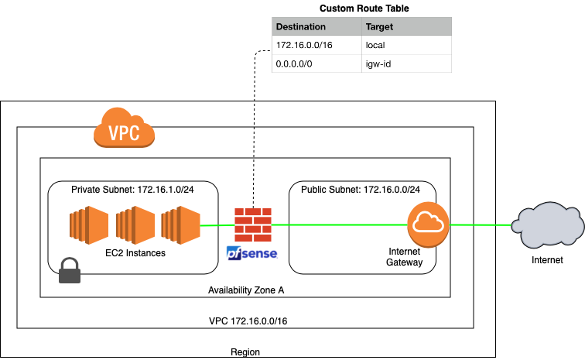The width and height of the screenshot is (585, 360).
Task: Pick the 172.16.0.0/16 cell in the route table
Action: point(303,46)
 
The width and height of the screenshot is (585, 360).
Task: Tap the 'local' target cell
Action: point(375,46)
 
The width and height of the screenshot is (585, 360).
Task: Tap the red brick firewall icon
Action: point(251,225)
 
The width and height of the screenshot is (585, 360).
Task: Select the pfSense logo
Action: point(251,252)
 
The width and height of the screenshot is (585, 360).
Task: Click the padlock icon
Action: point(70,270)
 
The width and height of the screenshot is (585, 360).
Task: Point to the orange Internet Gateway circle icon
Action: point(428,225)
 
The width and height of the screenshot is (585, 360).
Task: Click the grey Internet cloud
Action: point(547,225)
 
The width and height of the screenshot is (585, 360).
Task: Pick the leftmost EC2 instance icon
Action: point(84,225)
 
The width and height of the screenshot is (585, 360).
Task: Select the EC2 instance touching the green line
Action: point(180,225)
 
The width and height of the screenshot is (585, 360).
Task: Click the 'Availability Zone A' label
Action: point(245,290)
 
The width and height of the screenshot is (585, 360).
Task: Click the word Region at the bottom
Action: point(245,352)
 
